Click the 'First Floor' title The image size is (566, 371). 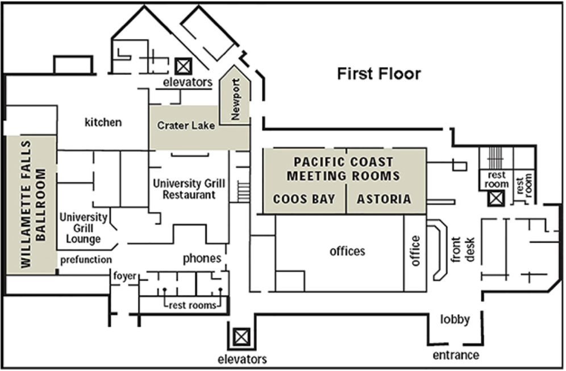click(x=379, y=74)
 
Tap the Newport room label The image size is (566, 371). click(x=235, y=99)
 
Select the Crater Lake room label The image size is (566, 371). click(x=186, y=126)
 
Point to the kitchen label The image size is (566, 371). click(x=103, y=122)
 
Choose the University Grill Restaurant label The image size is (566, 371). click(x=189, y=189)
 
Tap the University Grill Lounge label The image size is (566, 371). click(x=84, y=228)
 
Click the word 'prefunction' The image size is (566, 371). click(x=86, y=260)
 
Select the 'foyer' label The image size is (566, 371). click(x=125, y=276)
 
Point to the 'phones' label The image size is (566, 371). click(x=202, y=259)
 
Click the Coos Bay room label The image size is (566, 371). click(x=304, y=199)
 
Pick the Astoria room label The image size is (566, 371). click(x=384, y=199)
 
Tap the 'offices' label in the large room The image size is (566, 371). click(x=347, y=251)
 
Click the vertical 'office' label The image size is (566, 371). click(x=415, y=251)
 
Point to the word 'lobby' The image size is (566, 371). click(x=455, y=320)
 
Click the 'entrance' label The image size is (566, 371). click(x=456, y=356)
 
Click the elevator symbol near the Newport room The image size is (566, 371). click(x=184, y=66)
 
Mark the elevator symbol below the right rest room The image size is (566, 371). click(x=496, y=198)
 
